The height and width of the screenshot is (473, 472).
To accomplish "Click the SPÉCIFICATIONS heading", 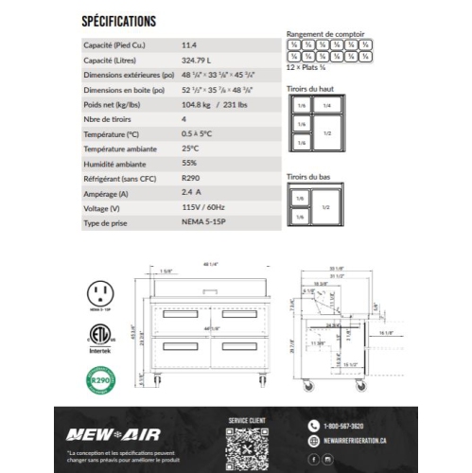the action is tap(119, 20).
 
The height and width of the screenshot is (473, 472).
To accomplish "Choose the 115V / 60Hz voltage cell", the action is tap(201, 208).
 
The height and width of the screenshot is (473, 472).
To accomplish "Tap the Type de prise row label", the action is tap(105, 223).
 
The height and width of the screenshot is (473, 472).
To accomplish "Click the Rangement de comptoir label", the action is tap(325, 34).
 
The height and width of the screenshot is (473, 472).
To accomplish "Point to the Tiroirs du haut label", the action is tap(309, 90).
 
